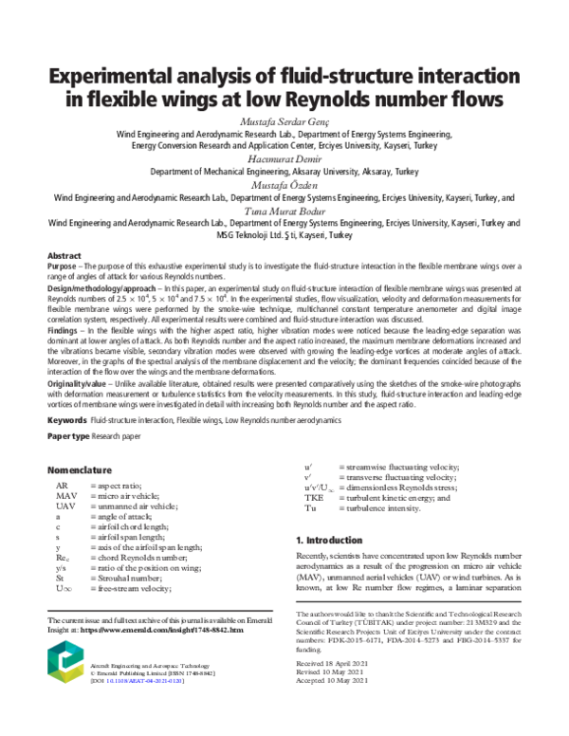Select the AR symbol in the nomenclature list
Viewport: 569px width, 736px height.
61,485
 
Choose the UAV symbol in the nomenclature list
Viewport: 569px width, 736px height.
64,506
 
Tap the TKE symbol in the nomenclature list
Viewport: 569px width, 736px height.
313,497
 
